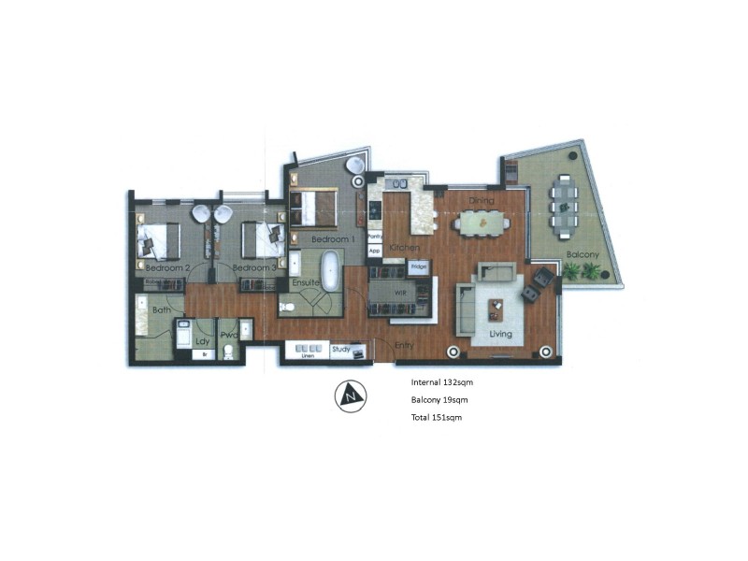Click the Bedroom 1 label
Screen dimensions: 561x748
[334, 240]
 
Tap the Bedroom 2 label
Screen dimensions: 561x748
[168, 268]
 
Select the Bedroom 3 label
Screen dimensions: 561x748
[253, 268]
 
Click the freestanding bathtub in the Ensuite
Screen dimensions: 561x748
[331, 269]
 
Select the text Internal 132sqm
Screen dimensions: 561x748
[448, 382]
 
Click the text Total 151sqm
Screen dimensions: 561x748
[437, 418]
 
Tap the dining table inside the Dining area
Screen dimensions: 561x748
[482, 223]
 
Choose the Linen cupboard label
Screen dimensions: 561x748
[304, 354]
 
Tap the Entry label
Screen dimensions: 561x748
[405, 345]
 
